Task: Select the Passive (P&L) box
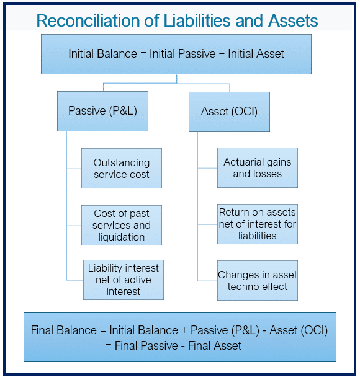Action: point(102,111)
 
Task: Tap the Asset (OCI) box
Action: point(229,112)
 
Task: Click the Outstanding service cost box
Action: point(122,168)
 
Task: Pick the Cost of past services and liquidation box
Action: point(122,226)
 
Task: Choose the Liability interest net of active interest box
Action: point(124,280)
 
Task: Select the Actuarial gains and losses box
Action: point(258,168)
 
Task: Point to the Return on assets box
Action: point(258,224)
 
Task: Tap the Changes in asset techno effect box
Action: point(258,281)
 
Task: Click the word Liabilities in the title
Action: point(197,21)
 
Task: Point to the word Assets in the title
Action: point(293,21)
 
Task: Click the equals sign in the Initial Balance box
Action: point(143,54)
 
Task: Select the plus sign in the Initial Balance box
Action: point(222,54)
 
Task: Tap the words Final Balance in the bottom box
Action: point(64,330)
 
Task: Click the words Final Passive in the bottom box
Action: point(146,345)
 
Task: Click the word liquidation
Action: point(122,237)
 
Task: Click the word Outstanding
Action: point(122,162)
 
